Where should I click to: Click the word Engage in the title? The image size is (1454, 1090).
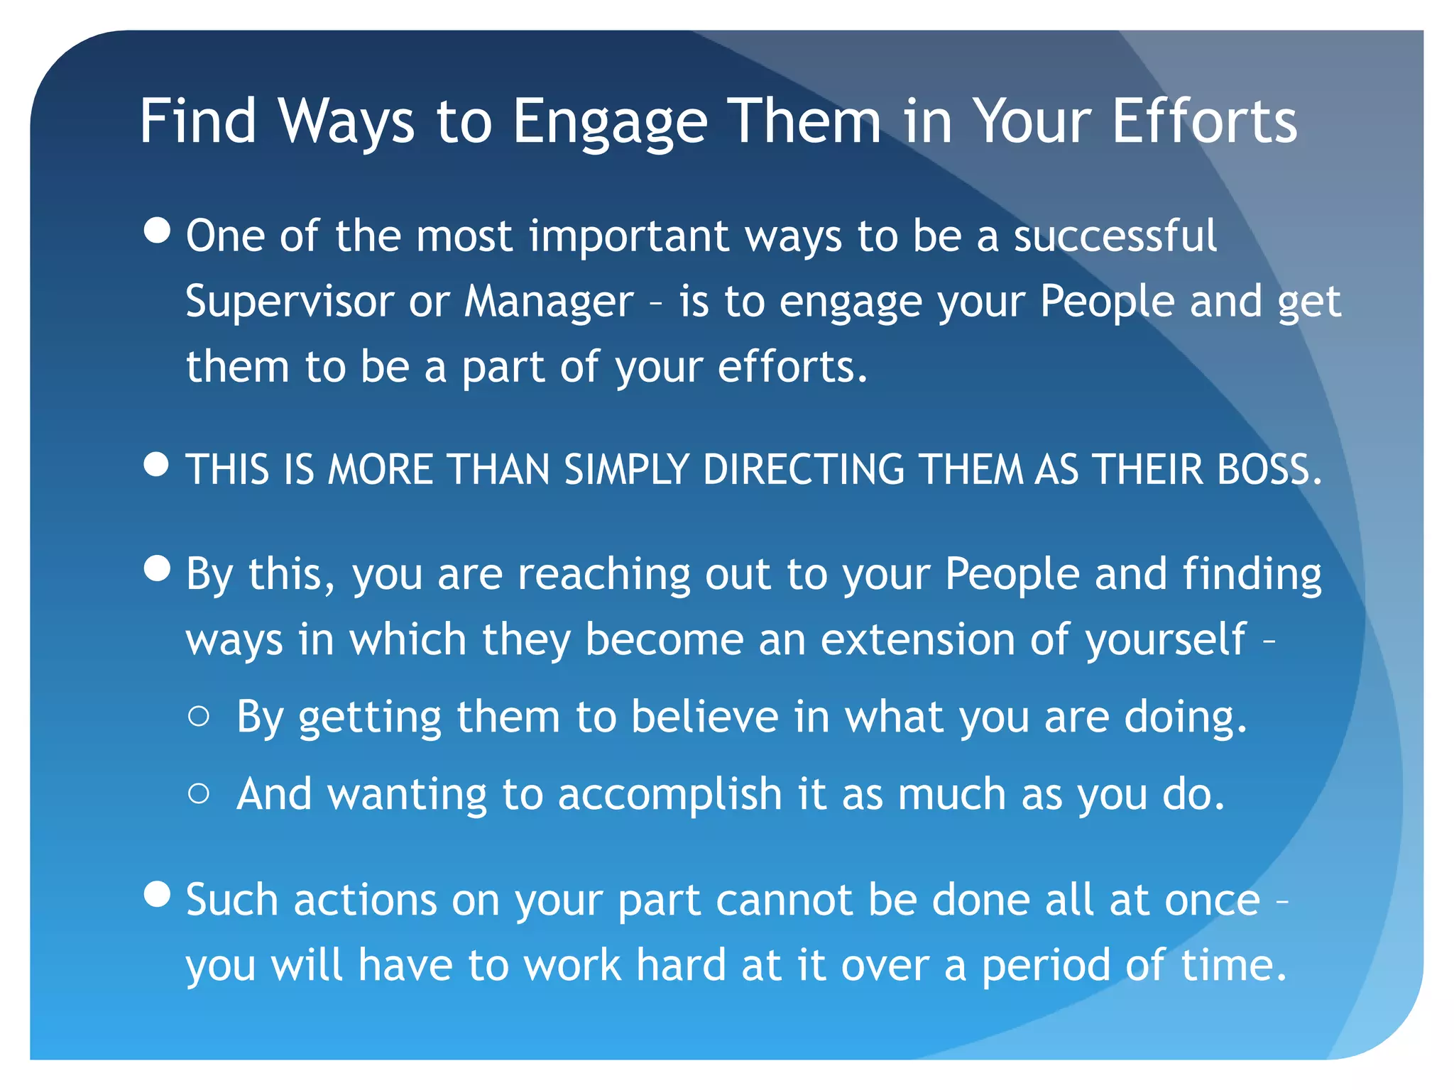point(610,122)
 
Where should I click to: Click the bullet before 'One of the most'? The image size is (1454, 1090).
point(156,231)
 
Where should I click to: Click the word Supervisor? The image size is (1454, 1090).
point(289,302)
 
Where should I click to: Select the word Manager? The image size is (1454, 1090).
point(549,302)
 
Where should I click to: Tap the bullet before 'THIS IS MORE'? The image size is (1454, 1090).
point(156,465)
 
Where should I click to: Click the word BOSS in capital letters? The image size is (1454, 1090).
point(1269,470)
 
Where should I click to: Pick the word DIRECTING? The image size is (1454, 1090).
point(804,470)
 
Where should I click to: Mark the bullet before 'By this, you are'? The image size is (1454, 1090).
point(156,568)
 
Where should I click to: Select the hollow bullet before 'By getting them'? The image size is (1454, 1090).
point(199,717)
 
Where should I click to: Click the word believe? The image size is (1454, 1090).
point(705,717)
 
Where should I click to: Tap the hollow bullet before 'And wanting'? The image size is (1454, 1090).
point(199,793)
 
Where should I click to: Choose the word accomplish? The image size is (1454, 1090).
point(669,795)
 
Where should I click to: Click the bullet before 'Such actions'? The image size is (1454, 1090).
point(156,894)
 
